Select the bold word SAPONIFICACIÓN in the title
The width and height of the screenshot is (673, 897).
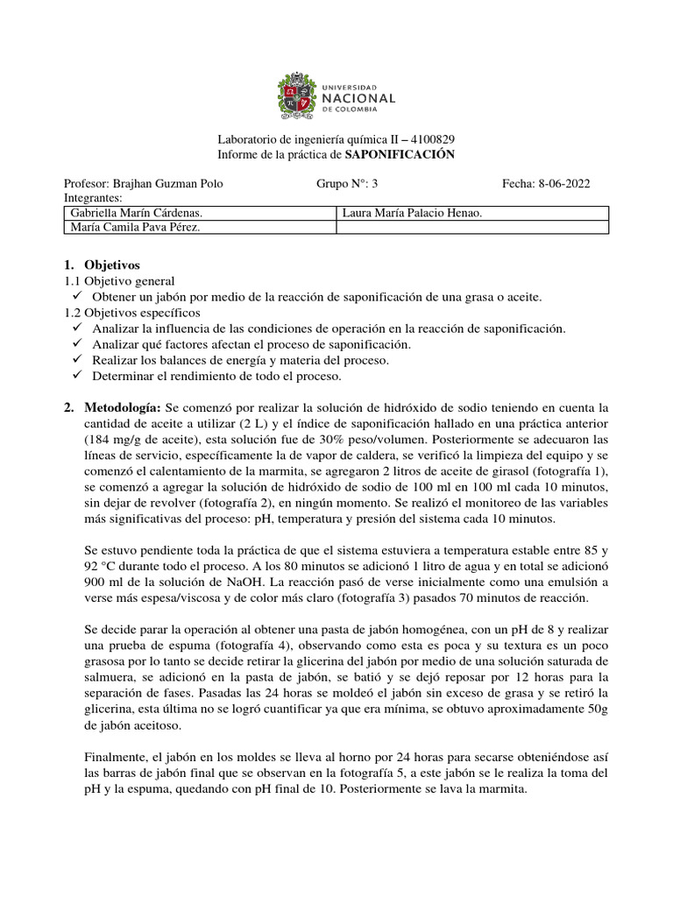click(400, 155)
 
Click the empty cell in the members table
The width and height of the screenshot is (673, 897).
click(471, 229)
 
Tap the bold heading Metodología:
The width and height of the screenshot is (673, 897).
click(123, 409)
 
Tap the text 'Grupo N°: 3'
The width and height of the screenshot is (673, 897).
click(344, 184)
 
